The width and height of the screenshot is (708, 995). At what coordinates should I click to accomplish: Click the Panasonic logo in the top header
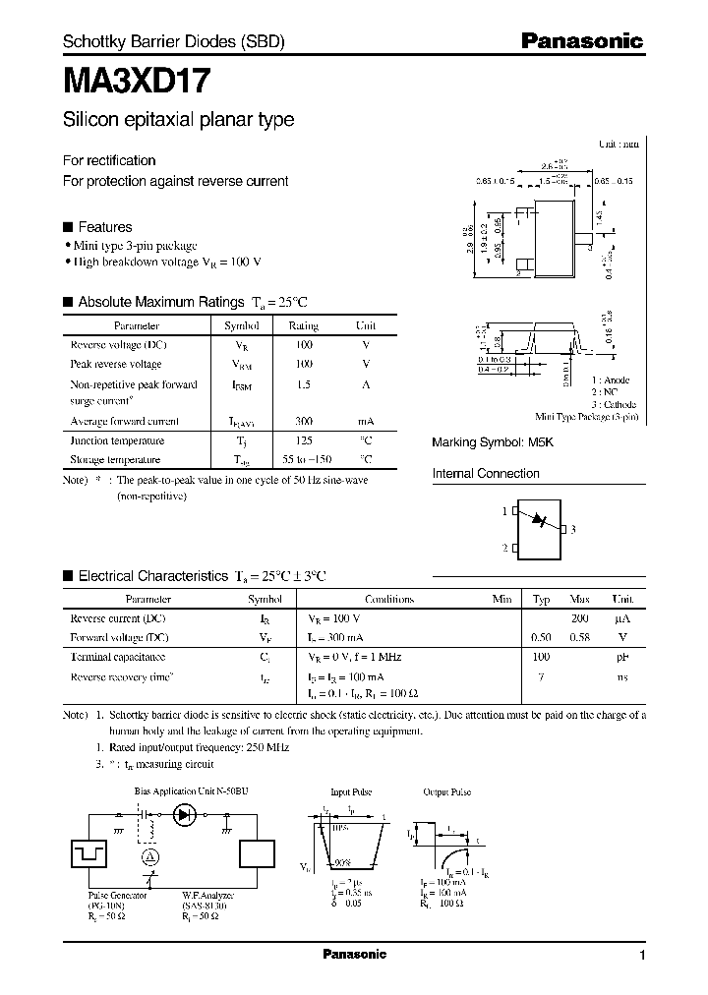[581, 41]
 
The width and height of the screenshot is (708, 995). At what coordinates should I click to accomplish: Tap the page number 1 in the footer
[642, 956]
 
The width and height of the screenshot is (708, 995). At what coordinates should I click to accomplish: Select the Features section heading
[104, 226]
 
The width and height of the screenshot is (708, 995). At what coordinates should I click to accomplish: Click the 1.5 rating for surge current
[303, 384]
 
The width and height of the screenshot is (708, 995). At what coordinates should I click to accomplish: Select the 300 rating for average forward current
[303, 421]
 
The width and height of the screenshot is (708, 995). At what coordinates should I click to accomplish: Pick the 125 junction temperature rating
[303, 440]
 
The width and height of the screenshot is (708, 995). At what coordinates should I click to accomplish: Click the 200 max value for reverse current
[579, 618]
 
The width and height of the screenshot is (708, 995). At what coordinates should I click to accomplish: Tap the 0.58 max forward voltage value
[579, 637]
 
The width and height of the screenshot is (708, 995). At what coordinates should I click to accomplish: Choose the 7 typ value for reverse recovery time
[541, 676]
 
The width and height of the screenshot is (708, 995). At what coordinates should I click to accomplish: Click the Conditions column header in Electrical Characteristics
[389, 599]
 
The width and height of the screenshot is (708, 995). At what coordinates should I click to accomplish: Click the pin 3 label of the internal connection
[572, 529]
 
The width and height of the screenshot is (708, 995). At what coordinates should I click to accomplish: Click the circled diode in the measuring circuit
[183, 814]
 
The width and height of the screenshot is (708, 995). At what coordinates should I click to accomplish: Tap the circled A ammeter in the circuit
[149, 857]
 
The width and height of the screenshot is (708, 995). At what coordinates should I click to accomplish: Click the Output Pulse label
[447, 791]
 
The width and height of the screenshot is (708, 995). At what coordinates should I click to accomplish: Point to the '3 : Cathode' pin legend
[613, 404]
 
